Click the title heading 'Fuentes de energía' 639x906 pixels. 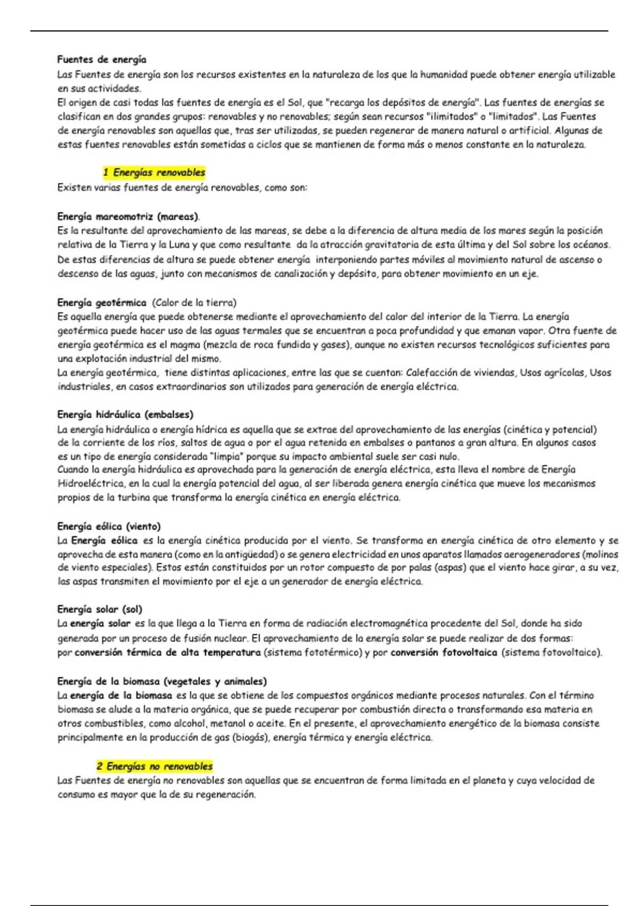point(102,60)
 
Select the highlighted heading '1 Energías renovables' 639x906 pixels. point(154,173)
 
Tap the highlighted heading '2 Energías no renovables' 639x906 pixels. point(154,766)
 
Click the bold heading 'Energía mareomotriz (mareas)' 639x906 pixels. point(128,217)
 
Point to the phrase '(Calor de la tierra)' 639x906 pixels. point(194,303)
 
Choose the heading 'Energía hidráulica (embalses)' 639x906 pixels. point(125,415)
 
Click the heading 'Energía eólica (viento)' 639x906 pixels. point(109,527)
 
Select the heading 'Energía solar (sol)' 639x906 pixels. point(100,609)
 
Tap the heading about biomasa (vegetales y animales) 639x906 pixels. point(162,682)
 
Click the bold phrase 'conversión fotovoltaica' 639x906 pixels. point(444,652)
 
